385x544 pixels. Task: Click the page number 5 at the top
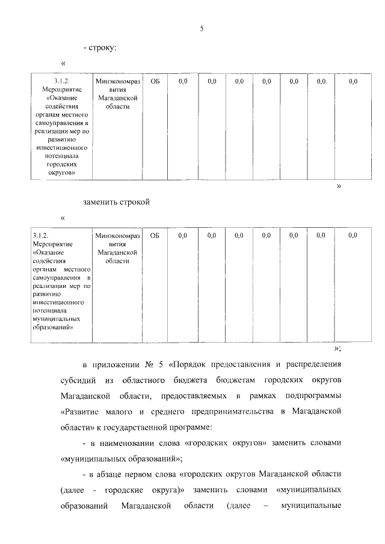pos(202,29)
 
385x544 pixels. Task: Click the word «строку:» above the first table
pos(103,47)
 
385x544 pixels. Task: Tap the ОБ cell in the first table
pos(155,81)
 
